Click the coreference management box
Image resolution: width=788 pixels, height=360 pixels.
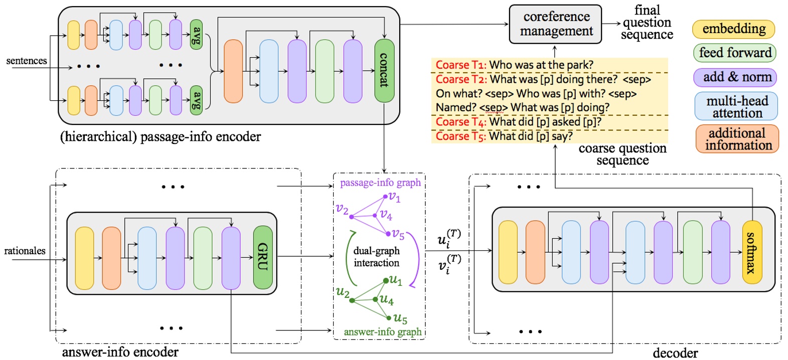[555, 24]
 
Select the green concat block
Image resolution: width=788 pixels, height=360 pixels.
[384, 71]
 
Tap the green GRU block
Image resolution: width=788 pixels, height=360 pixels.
[263, 257]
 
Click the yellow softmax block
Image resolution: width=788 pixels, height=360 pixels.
[752, 252]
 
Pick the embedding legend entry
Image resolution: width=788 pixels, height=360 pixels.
[733, 29]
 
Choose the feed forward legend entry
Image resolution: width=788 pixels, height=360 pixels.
[735, 53]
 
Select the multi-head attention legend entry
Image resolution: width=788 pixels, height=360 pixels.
[736, 106]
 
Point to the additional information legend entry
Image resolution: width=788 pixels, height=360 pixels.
[737, 139]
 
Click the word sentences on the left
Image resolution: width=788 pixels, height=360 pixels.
[27, 61]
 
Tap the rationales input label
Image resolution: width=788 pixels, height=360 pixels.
[25, 251]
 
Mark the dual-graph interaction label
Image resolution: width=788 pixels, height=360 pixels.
[377, 257]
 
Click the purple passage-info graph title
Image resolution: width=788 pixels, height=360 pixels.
[380, 183]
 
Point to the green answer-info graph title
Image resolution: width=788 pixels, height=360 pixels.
[382, 331]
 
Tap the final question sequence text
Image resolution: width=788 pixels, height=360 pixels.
[647, 23]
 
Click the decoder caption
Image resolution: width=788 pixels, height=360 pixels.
[675, 353]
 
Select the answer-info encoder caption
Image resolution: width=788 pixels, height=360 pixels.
[120, 352]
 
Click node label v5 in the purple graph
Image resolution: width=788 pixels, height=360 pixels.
[398, 234]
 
